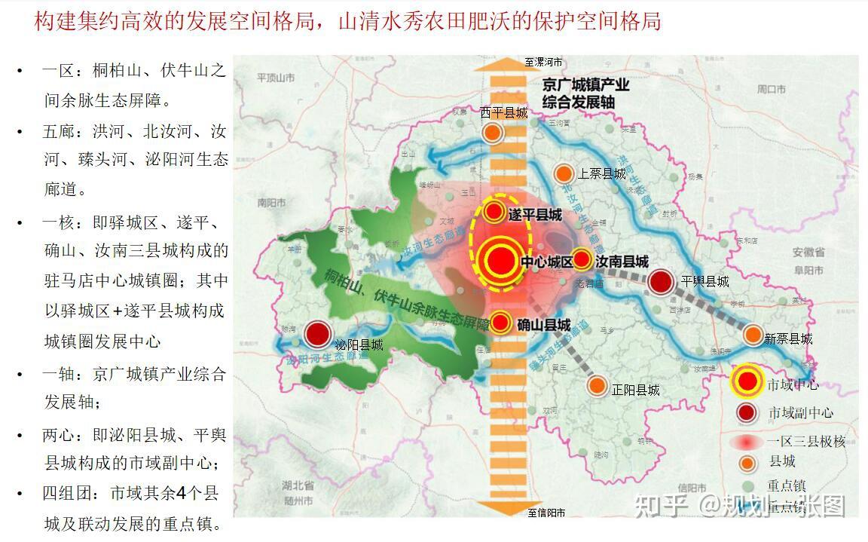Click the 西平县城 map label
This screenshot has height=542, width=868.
tap(504, 113)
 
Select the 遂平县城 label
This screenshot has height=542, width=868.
tap(535, 215)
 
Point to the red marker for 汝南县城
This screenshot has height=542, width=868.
tap(582, 260)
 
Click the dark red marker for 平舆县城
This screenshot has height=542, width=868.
tap(661, 282)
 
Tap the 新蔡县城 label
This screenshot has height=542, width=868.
tap(788, 339)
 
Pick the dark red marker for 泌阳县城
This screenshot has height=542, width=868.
tap(318, 335)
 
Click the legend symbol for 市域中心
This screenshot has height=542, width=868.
tap(747, 382)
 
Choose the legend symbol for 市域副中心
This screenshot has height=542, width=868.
tap(747, 412)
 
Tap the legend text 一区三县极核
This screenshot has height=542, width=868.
tap(805, 442)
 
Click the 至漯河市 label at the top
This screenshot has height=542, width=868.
tap(544, 63)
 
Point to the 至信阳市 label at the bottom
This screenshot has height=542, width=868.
tap(546, 513)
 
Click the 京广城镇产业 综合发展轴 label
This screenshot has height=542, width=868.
tap(585, 93)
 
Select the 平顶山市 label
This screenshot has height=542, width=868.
tap(275, 78)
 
